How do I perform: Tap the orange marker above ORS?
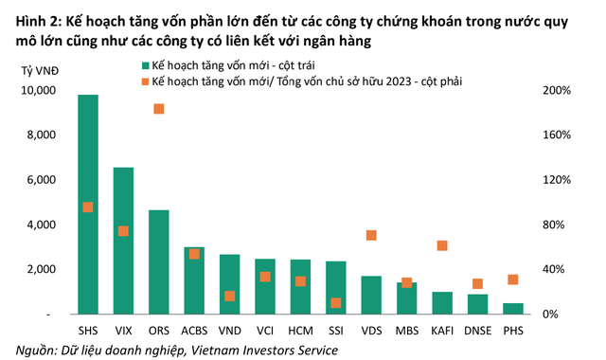point(159,109)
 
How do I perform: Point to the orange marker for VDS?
point(371,235)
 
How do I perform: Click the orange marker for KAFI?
point(442,246)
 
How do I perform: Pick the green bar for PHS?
point(513,308)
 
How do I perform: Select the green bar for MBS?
point(406,297)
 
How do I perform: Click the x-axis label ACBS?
point(194,331)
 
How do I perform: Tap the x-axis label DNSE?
point(478,331)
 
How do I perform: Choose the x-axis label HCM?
point(300,331)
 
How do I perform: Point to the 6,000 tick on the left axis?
point(42,180)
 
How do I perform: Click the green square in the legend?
point(144,65)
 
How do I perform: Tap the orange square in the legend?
point(144,82)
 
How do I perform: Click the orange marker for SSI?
point(336,303)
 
